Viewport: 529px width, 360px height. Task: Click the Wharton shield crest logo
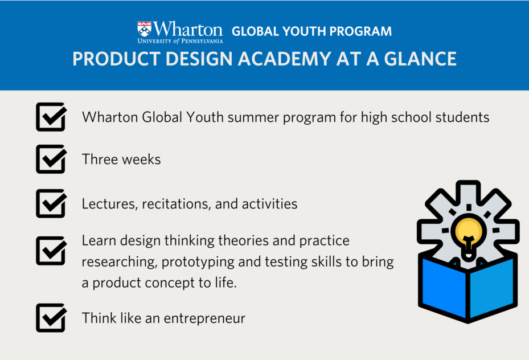click(145, 29)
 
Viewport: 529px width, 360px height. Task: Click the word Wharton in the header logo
click(187, 29)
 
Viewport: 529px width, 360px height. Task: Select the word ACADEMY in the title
click(285, 59)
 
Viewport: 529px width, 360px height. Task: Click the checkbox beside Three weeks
click(51, 159)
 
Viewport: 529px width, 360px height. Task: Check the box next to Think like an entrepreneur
click(51, 317)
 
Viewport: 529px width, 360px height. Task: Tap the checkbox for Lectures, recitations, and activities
click(51, 203)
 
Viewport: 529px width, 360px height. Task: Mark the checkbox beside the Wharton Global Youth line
click(51, 117)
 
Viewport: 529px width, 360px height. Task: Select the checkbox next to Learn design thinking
click(51, 250)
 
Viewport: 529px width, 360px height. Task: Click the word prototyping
click(198, 262)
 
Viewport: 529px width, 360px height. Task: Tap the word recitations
click(177, 204)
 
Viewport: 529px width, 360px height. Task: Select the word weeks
click(141, 159)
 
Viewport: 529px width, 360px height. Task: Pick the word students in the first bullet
click(462, 117)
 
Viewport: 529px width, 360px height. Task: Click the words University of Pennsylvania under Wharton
click(180, 41)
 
